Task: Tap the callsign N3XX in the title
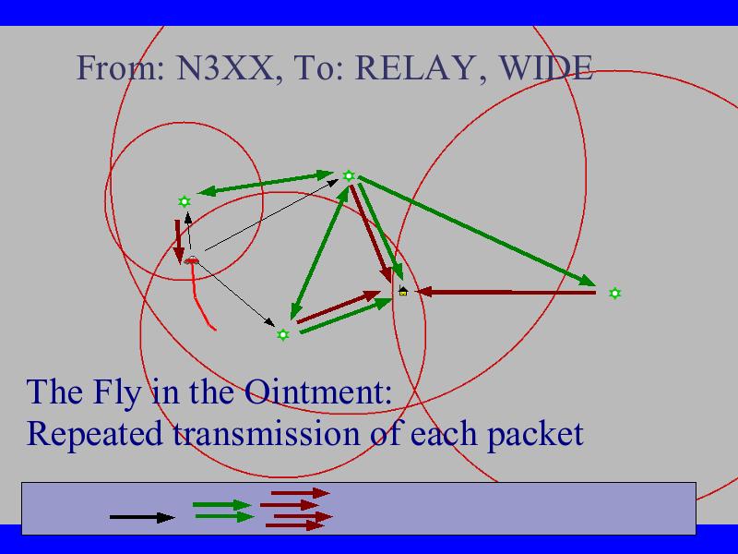pos(223,67)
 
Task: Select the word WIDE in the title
pos(545,67)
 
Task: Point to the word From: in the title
pos(121,67)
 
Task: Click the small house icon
pos(403,291)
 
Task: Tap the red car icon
pos(191,260)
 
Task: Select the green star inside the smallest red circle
pos(184,201)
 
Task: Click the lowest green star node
pos(283,335)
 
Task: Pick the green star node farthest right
pos(614,294)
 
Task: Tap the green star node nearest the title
pos(349,175)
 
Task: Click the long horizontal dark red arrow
pos(506,293)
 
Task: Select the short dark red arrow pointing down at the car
pos(178,242)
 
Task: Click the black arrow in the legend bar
pos(142,517)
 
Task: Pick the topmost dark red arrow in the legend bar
pos(301,493)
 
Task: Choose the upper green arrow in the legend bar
pos(221,505)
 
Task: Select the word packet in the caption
pos(535,433)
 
